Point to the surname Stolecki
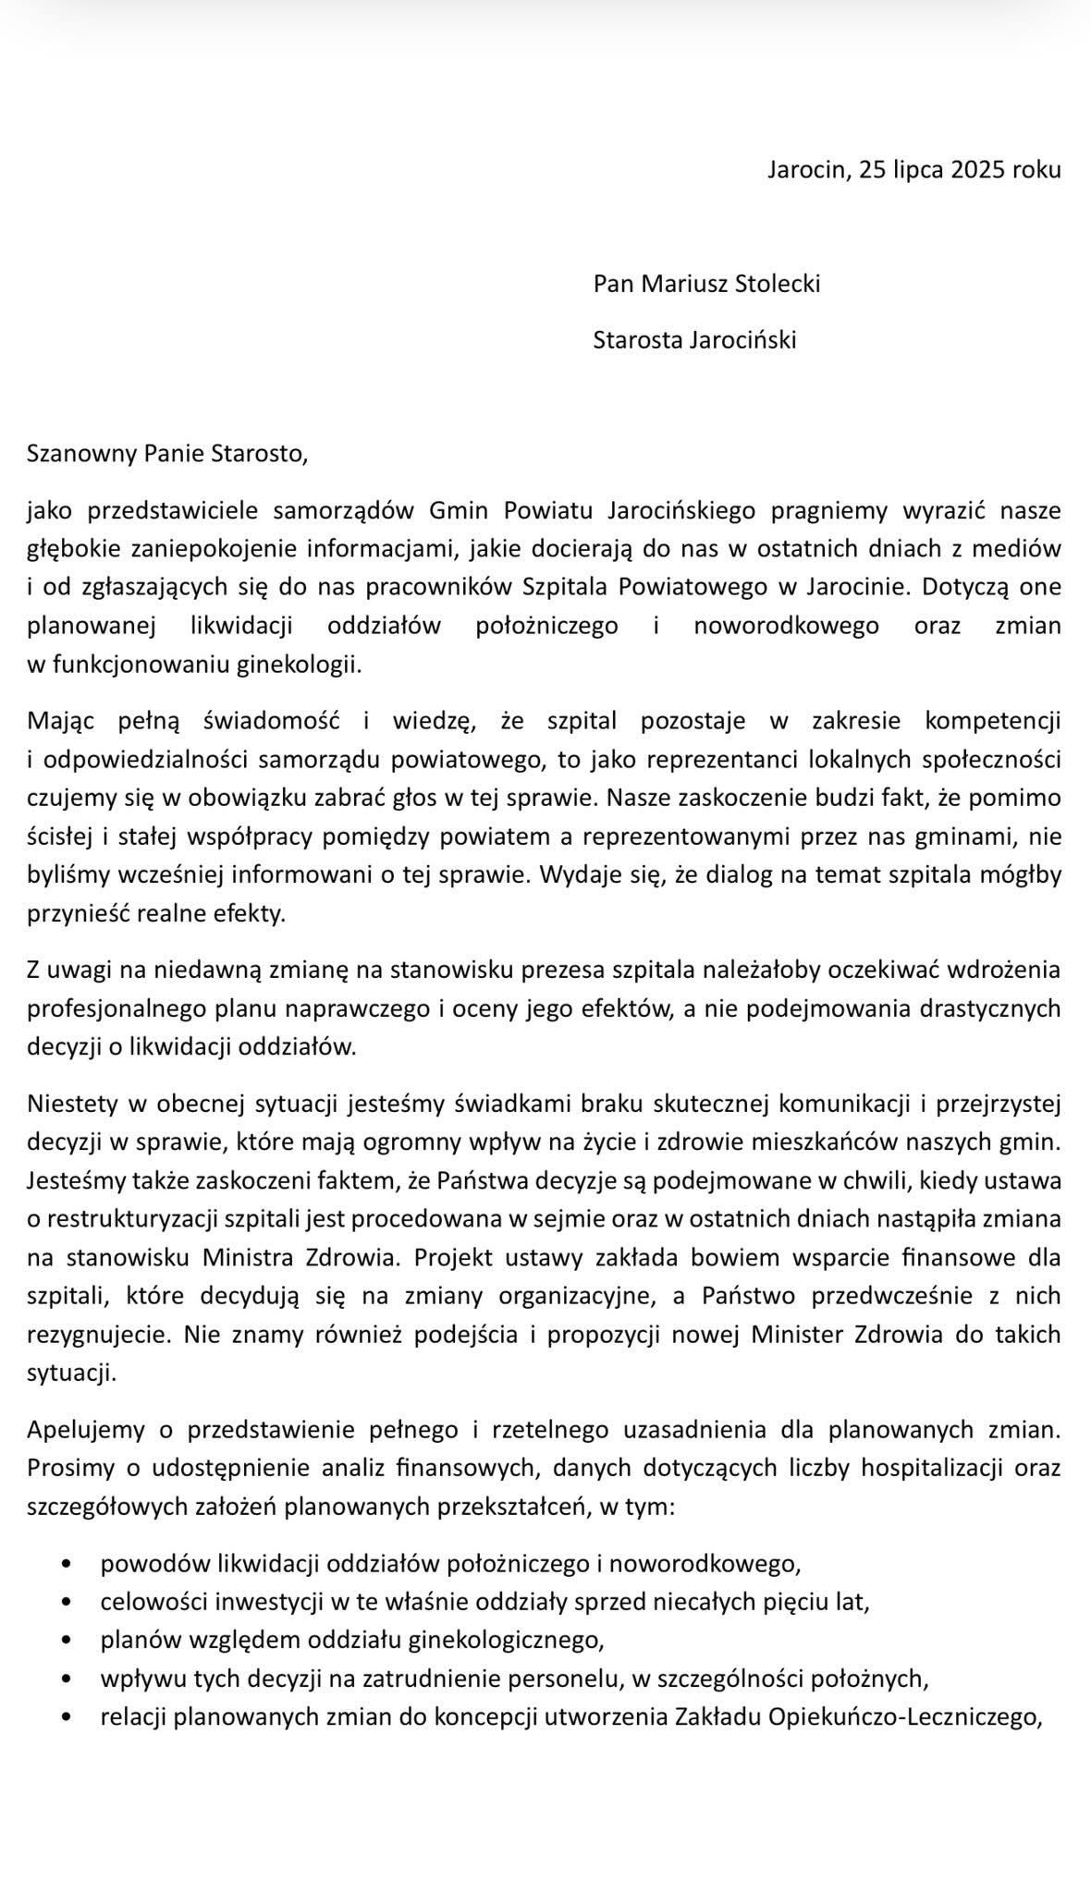(777, 283)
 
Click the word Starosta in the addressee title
(638, 340)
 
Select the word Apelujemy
(86, 1429)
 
